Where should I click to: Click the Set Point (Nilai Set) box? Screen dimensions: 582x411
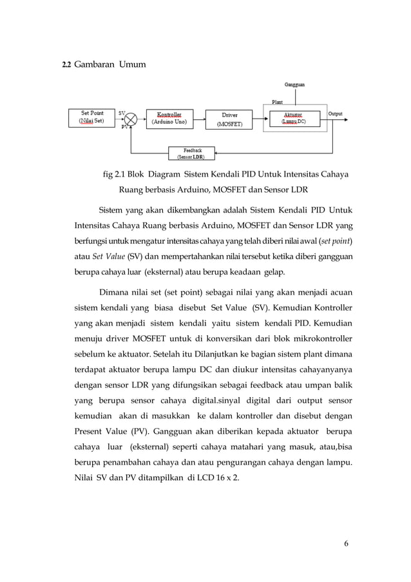click(92, 118)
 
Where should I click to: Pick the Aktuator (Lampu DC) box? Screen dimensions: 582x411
click(293, 118)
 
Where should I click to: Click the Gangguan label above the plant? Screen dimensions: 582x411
click(294, 84)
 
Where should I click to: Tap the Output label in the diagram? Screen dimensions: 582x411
click(336, 113)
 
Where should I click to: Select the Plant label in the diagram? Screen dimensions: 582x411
click(276, 102)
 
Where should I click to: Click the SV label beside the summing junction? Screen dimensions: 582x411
click(122, 112)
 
